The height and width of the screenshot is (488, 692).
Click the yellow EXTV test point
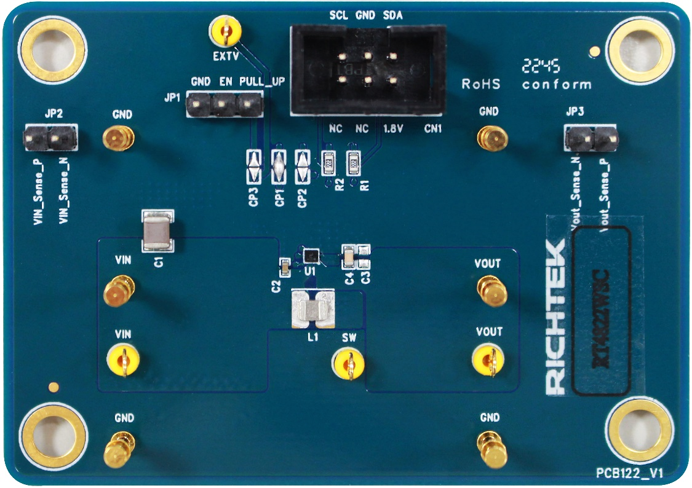pyautogui.click(x=225, y=31)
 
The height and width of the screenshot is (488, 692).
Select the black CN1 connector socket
pyautogui.click(x=367, y=69)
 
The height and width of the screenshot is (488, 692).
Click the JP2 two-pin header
pyautogui.click(x=51, y=140)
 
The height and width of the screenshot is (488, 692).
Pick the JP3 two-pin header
pyautogui.click(x=591, y=139)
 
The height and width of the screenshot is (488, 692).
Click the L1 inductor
pyautogui.click(x=312, y=309)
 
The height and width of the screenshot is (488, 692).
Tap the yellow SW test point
pyautogui.click(x=349, y=362)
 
